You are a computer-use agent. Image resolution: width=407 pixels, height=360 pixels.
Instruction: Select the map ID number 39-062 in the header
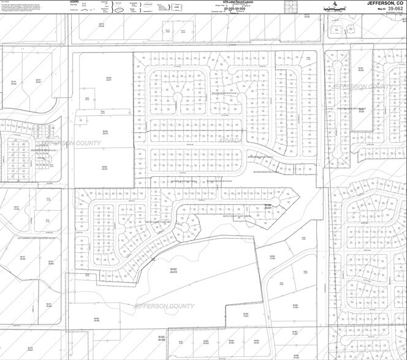point(390,9)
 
